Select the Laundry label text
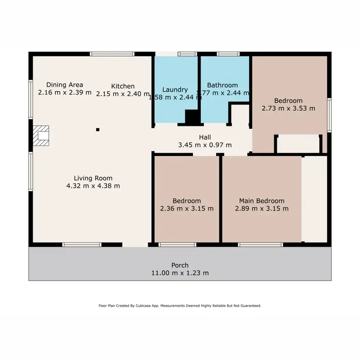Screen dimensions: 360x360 (x=175, y=90)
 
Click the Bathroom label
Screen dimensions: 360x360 (x=222, y=85)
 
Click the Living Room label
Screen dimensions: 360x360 (x=93, y=177)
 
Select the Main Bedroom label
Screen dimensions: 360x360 (x=262, y=201)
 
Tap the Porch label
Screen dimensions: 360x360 (x=180, y=265)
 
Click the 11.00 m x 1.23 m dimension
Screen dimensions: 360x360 (x=180, y=273)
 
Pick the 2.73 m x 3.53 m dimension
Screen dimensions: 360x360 (x=288, y=108)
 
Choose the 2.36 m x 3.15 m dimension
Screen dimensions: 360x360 (x=187, y=209)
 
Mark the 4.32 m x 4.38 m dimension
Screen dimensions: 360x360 (x=93, y=185)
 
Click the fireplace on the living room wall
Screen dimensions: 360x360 (x=41, y=136)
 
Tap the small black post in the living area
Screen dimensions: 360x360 (x=97, y=129)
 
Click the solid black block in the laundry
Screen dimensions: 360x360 (x=192, y=117)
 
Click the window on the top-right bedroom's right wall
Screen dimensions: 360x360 (x=329, y=114)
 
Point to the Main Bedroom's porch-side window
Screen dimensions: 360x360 (x=261, y=245)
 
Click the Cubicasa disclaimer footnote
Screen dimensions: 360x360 (x=180, y=305)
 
